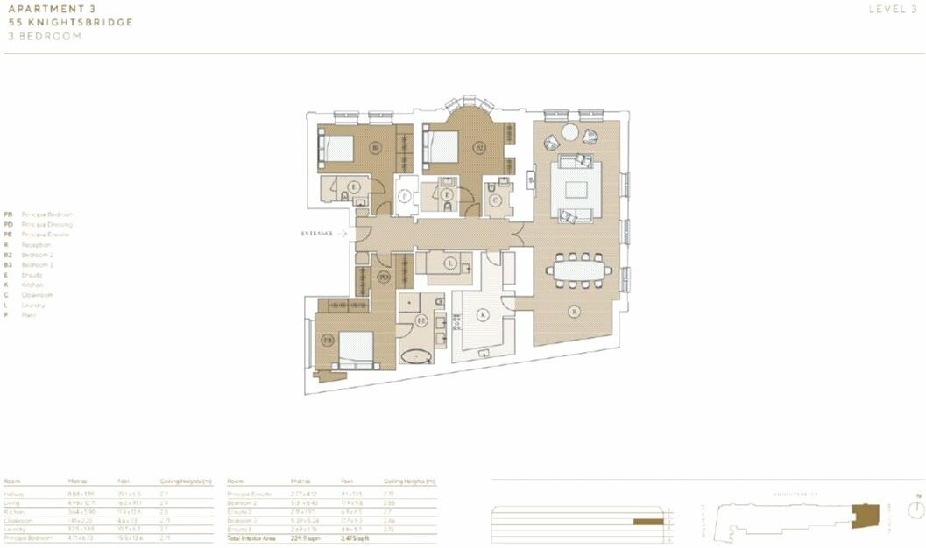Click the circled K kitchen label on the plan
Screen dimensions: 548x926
[481, 314]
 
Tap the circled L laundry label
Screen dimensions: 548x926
[449, 263]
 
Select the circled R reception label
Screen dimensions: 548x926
[574, 311]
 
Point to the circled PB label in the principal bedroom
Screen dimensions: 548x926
[327, 340]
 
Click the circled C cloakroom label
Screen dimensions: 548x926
[495, 200]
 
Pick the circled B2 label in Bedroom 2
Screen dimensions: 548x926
[479, 148]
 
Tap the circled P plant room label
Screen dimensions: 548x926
[404, 197]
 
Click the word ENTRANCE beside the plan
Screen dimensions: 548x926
[317, 234]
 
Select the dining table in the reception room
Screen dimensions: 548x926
[578, 270]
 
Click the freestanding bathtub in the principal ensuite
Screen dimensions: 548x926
[415, 356]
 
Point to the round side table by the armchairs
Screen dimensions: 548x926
[570, 132]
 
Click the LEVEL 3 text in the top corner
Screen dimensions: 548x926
[894, 10]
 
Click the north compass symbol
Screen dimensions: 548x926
[916, 510]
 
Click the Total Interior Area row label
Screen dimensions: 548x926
[251, 538]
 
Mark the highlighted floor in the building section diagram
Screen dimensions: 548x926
[648, 522]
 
